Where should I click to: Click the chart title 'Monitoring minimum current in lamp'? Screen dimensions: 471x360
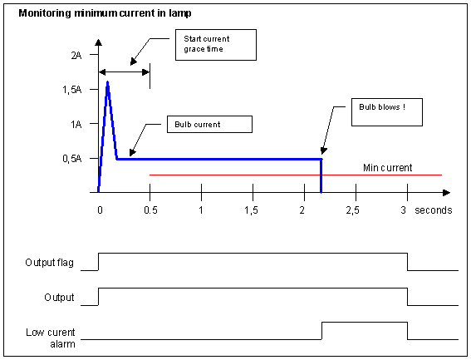[105, 13]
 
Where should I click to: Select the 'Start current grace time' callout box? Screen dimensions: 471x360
[216, 45]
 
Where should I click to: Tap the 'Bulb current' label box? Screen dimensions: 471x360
[209, 124]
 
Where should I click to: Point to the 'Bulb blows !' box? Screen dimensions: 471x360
[387, 112]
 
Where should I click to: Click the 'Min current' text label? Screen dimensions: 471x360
[387, 167]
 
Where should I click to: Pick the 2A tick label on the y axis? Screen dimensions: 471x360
[76, 56]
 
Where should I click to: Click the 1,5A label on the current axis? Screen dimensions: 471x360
[72, 90]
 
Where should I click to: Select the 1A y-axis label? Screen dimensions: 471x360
[76, 124]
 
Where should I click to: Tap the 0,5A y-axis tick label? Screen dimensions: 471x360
[72, 159]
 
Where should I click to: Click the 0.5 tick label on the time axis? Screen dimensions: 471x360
[150, 210]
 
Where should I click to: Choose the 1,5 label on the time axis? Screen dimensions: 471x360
[251, 210]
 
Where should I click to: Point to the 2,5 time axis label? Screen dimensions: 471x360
[353, 210]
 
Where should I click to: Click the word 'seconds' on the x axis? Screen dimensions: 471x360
[433, 210]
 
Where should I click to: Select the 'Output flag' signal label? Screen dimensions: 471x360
[50, 263]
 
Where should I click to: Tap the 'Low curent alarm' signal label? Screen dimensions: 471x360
[51, 338]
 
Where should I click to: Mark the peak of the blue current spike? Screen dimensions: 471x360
[107, 81]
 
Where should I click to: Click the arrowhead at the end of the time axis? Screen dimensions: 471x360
[447, 193]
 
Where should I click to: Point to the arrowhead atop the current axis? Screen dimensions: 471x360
[98, 42]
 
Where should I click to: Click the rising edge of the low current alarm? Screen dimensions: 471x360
[321, 331]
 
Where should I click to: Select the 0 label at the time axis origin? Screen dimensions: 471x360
[100, 210]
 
